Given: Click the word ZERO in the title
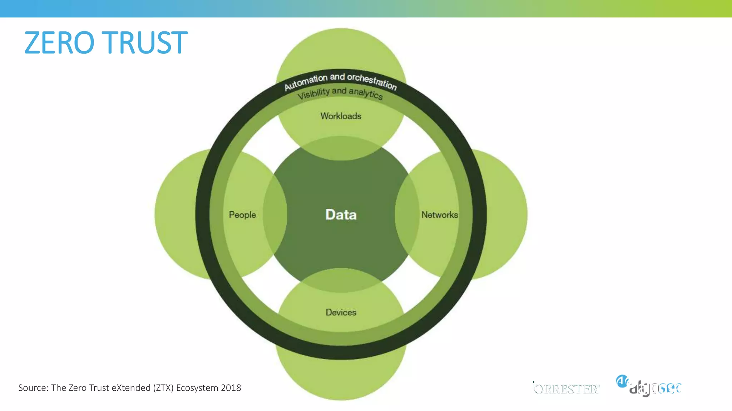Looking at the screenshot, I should click(x=59, y=43).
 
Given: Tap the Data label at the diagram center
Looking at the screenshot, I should click(x=341, y=214).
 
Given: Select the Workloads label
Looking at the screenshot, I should click(x=341, y=116).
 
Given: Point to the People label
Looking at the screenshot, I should click(x=242, y=215).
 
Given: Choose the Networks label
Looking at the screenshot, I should click(x=440, y=215).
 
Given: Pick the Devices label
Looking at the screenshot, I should click(x=341, y=313).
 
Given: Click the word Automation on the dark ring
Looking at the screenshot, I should click(x=306, y=82).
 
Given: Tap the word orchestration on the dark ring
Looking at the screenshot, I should click(x=372, y=82).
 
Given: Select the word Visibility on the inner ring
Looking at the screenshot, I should click(x=313, y=93).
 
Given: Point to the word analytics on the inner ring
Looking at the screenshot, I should click(x=366, y=93).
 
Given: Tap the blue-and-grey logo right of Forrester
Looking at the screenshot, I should click(x=649, y=386).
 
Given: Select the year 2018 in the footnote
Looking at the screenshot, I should click(x=231, y=388).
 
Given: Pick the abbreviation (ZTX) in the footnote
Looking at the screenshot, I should click(x=163, y=388).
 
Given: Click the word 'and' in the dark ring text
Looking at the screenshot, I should click(x=337, y=77).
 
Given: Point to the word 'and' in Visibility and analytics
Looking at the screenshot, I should click(x=339, y=91).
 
